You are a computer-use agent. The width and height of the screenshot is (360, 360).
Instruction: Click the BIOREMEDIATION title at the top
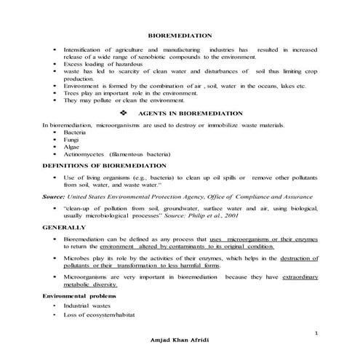tap(180, 35)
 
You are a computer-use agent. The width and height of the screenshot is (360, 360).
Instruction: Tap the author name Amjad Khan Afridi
tap(180, 340)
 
